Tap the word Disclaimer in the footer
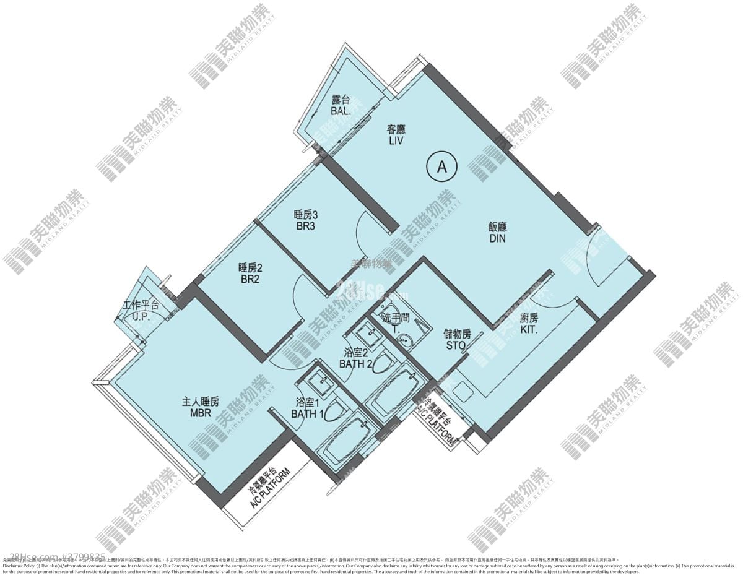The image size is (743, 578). coord(16,566)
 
